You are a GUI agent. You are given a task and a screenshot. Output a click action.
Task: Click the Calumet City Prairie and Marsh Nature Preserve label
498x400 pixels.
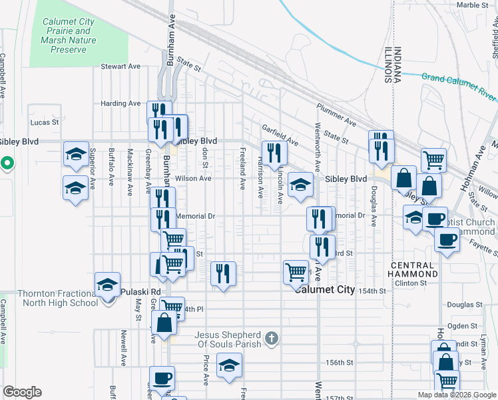(69, 35)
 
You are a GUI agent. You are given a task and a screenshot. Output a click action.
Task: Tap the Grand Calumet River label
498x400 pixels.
(458, 83)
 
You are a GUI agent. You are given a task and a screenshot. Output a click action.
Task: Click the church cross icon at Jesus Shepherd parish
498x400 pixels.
(270, 338)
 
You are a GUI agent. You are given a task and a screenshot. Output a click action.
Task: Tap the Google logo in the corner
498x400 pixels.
(22, 392)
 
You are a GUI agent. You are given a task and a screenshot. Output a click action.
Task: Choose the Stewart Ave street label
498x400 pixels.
(121, 67)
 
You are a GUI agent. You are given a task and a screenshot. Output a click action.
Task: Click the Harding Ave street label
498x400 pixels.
(121, 103)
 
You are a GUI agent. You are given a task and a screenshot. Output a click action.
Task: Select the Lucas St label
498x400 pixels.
(45, 123)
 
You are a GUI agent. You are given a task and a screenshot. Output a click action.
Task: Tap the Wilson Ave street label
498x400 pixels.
(193, 179)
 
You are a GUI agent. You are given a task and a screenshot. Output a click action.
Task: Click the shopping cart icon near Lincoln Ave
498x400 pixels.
(296, 272)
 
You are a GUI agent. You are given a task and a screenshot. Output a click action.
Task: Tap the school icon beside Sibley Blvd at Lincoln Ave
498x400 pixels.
(300, 186)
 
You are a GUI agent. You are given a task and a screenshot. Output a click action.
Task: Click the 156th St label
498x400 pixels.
(339, 363)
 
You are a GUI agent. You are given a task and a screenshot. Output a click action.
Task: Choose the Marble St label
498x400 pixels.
(473, 5)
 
